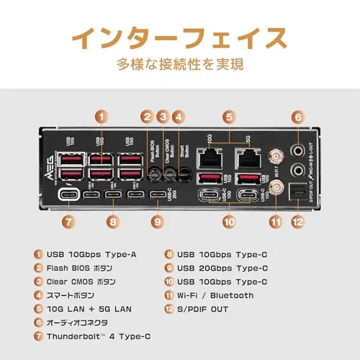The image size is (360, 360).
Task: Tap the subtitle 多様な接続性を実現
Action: pos(179,65)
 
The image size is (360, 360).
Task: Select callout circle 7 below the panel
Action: pos(68,222)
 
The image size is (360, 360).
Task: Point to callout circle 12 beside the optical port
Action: pos(298,222)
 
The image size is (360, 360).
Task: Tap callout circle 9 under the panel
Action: pos(158,222)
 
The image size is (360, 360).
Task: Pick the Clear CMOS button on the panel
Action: pos(170,174)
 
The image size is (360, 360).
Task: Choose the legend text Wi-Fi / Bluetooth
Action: pos(216,294)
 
